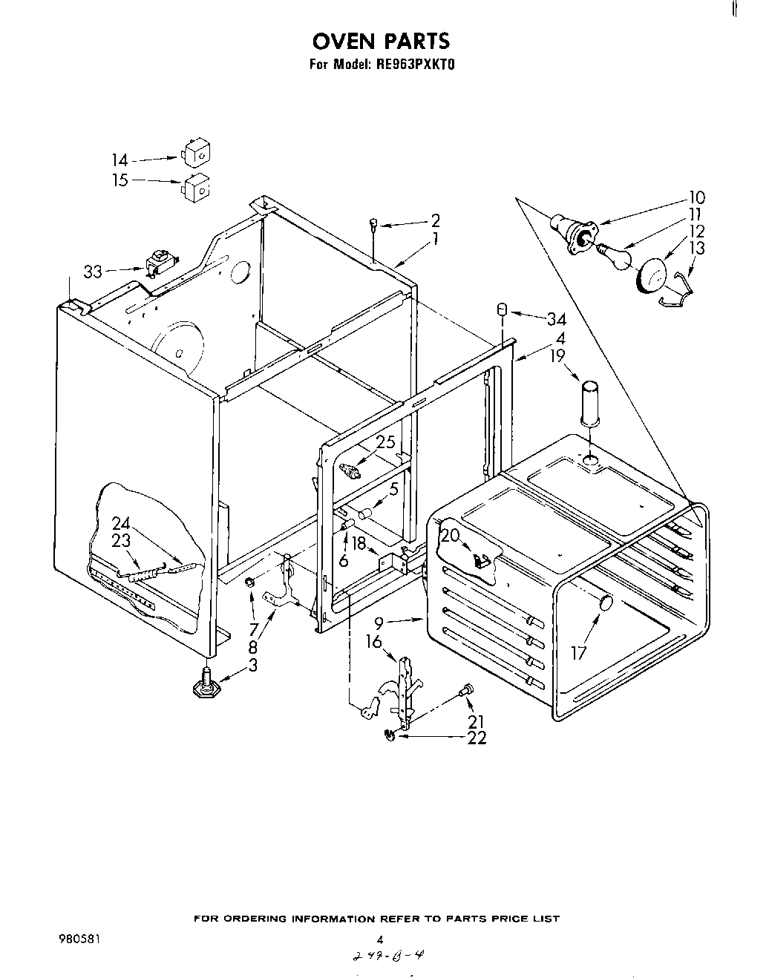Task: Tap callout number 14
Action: click(120, 160)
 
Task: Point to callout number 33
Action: click(93, 272)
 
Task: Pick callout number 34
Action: click(556, 320)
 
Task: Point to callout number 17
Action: click(579, 653)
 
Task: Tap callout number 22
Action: click(477, 738)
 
